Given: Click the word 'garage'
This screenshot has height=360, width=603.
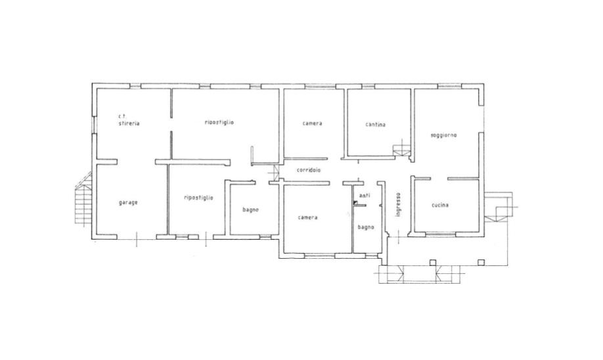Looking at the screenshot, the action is [128, 203].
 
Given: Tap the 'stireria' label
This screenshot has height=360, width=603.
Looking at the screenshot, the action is [129, 124].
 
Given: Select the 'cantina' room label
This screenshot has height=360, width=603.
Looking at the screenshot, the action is [375, 125].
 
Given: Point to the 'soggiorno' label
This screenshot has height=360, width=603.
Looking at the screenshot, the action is [443, 135].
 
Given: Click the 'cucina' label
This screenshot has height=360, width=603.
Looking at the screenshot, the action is [440, 205].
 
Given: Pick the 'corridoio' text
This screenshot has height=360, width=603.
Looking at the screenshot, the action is [309, 169].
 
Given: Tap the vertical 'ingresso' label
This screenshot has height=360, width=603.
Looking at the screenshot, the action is [399, 204].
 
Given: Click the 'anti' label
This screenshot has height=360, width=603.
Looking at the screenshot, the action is [364, 195].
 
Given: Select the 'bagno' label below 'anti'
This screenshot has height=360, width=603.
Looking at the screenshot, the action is [366, 227].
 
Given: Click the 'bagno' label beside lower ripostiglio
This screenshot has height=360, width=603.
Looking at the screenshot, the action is [250, 210].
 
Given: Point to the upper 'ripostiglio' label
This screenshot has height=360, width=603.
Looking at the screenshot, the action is [219, 122].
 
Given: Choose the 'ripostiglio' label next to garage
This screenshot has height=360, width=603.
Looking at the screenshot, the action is [198, 198].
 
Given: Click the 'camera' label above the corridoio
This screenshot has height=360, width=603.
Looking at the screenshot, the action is [312, 124].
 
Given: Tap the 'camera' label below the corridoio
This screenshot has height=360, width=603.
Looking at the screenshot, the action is [307, 217].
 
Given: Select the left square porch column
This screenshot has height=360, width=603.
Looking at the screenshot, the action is [433, 263].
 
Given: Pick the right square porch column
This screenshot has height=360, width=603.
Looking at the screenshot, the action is [481, 262].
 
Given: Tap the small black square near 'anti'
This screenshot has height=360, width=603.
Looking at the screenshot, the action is [355, 202].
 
